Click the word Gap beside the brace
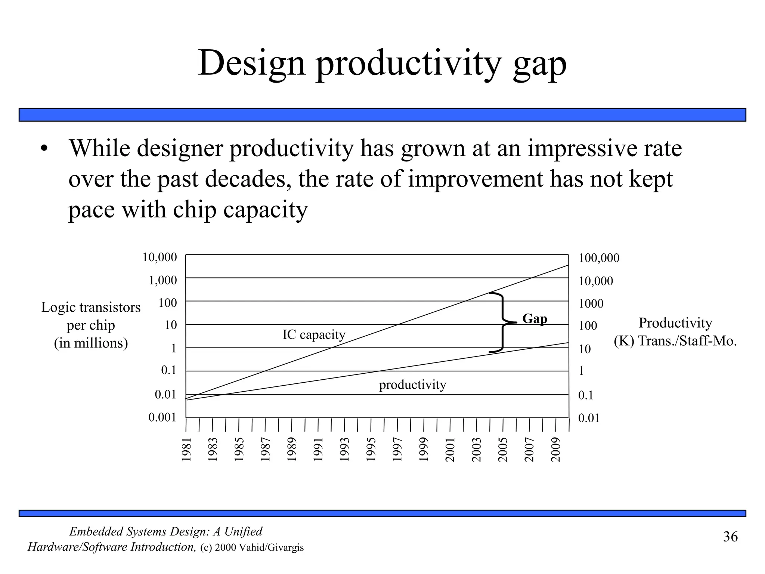coord(535,319)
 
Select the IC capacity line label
coord(314,334)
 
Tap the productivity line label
coord(412,385)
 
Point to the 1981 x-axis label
coord(186,450)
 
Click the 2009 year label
coord(556,450)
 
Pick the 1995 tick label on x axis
coord(371,450)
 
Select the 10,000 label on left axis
coord(159,257)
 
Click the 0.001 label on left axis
coord(162,417)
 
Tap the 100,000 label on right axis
coord(599,258)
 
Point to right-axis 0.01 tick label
coord(589,418)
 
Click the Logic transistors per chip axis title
coord(91,325)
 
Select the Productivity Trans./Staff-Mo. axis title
coord(675,332)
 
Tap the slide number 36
coord(730,537)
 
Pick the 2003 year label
coord(477,450)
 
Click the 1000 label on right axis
coord(591,304)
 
